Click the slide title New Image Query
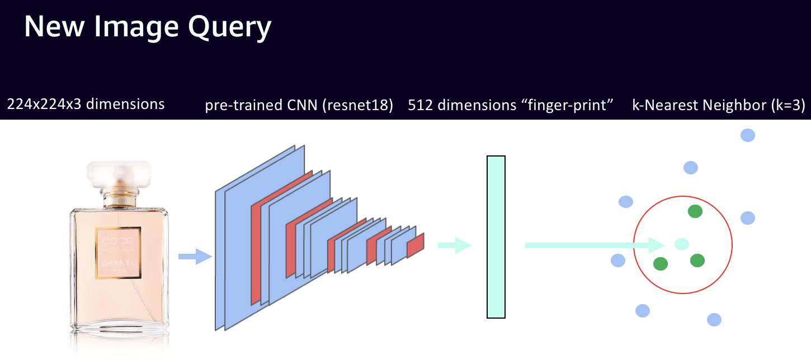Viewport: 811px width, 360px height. (x=148, y=27)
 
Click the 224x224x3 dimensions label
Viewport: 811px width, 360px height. (x=86, y=104)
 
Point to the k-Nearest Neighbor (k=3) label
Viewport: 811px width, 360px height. (x=718, y=106)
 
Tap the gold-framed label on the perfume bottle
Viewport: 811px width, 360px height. (x=118, y=252)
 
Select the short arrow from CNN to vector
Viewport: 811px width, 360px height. (x=454, y=245)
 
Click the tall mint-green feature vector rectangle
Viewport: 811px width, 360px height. (x=496, y=237)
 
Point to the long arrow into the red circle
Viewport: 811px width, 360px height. (x=593, y=245)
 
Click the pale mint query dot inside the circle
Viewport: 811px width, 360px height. (x=681, y=244)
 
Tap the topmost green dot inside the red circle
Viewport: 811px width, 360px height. (x=695, y=211)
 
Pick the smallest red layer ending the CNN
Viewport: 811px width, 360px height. (x=415, y=245)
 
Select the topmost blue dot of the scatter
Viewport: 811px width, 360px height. (x=748, y=135)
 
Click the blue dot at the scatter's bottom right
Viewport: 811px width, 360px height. (x=714, y=320)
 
